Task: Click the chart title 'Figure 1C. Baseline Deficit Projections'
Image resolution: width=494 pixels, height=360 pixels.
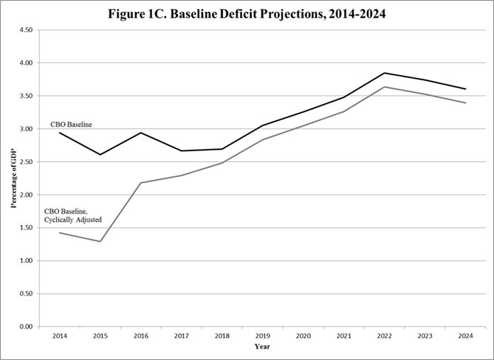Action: (x=247, y=14)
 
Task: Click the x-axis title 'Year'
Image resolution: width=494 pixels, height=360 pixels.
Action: (x=263, y=347)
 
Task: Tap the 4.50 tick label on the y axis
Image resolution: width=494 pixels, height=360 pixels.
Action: (x=26, y=30)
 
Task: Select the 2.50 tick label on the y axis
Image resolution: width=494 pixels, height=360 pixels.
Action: (x=26, y=162)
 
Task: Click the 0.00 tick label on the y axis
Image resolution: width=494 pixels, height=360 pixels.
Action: (x=26, y=327)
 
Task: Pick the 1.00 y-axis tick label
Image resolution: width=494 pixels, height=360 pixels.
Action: (x=26, y=261)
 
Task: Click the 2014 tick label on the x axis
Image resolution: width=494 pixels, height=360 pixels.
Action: (x=60, y=334)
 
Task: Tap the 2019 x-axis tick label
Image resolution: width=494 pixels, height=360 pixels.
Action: (x=263, y=334)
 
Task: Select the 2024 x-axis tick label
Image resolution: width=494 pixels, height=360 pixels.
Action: (x=465, y=334)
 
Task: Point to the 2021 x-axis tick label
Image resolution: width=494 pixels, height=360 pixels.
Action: (x=344, y=334)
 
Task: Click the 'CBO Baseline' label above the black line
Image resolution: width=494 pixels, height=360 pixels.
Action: (x=71, y=125)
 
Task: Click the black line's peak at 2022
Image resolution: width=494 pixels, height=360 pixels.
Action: (x=384, y=72)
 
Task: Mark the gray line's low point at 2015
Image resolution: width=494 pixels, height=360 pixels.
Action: (x=101, y=241)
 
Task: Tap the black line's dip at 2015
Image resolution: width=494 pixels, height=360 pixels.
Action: (x=101, y=155)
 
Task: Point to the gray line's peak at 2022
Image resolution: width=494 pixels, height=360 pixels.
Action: (x=384, y=87)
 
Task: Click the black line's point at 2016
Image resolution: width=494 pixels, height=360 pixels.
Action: (x=141, y=133)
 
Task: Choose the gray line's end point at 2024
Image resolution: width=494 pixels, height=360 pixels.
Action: (x=465, y=103)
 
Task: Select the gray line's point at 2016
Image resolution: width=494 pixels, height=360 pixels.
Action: (x=141, y=182)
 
